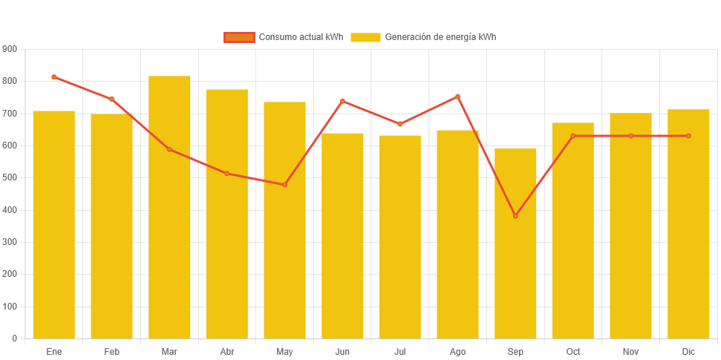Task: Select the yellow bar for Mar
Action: pyautogui.click(x=169, y=207)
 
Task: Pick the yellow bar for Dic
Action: pyautogui.click(x=688, y=223)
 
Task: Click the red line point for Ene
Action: pyautogui.click(x=54, y=77)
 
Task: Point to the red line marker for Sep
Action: pyautogui.click(x=515, y=216)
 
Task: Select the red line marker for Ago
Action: pyautogui.click(x=457, y=96)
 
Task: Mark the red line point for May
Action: pyautogui.click(x=284, y=185)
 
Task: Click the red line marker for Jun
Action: pyautogui.click(x=342, y=101)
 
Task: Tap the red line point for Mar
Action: pyautogui.click(x=169, y=150)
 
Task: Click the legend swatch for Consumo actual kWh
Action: pyautogui.click(x=239, y=38)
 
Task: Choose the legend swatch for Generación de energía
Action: pyautogui.click(x=365, y=38)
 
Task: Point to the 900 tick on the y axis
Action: pyautogui.click(x=10, y=49)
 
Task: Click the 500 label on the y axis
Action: pyautogui.click(x=10, y=178)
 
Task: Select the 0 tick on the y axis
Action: pyautogui.click(x=15, y=338)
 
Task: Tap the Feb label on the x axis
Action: pyautogui.click(x=111, y=351)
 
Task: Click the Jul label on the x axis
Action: pyautogui.click(x=400, y=351)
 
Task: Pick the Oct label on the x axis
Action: pyautogui.click(x=573, y=351)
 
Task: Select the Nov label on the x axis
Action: pyautogui.click(x=630, y=351)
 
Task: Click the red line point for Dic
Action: pyautogui.click(x=688, y=136)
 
